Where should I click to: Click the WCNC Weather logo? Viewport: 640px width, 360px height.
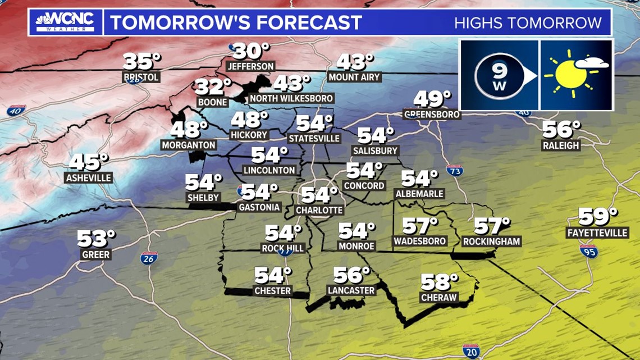click(65, 22)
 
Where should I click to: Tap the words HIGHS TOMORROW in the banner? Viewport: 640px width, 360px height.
click(528, 23)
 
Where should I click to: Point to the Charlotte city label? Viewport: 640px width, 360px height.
click(319, 210)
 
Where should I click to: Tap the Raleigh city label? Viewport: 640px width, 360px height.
click(560, 145)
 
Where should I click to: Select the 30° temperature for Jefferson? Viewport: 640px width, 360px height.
click(251, 52)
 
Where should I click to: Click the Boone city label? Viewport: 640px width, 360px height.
click(212, 102)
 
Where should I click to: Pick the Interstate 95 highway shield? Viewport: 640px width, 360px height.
click(588, 250)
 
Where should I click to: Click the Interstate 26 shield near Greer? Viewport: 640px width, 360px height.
click(149, 258)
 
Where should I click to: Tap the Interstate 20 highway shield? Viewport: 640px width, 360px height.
click(471, 352)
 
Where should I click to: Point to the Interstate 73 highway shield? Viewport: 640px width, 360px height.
click(455, 170)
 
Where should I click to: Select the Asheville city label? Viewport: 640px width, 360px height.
click(89, 178)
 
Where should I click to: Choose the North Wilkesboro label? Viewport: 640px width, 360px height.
click(291, 98)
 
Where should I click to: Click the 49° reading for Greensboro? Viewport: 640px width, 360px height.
click(432, 100)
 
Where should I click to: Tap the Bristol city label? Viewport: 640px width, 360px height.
click(141, 77)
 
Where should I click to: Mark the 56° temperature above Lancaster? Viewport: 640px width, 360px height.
click(351, 275)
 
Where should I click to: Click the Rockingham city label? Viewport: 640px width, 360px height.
click(492, 241)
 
